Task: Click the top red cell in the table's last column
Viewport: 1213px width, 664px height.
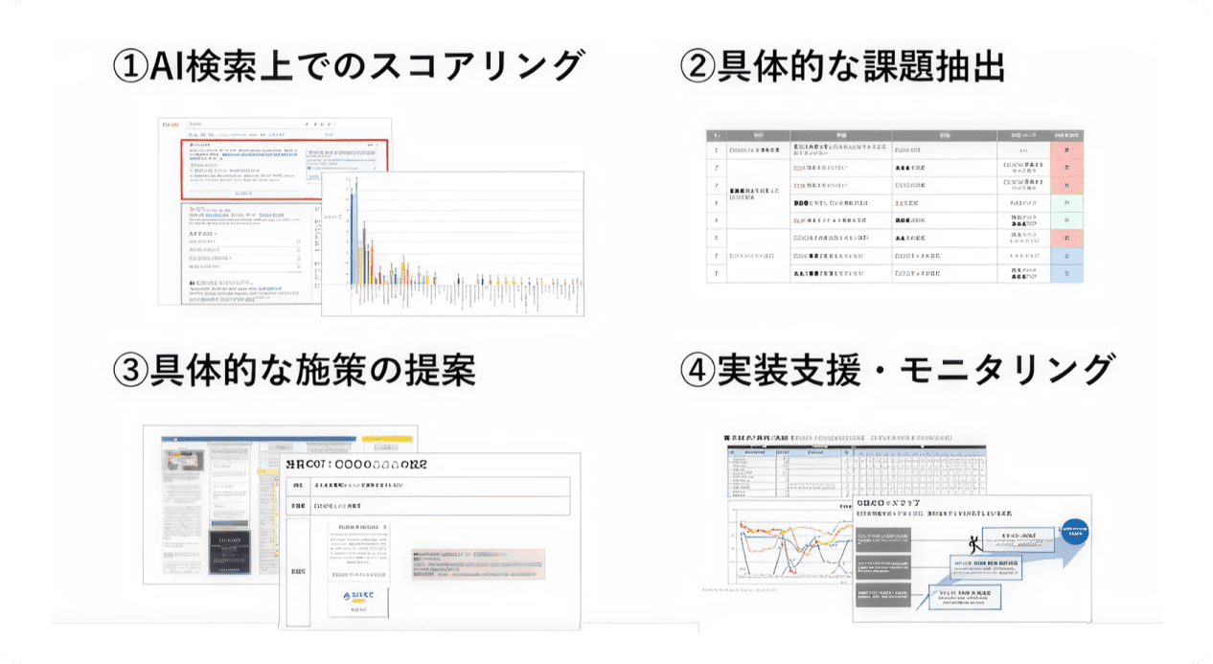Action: pos(1066,150)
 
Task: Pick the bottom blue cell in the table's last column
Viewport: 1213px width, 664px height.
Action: pos(1066,273)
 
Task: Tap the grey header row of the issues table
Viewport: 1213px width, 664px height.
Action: pos(894,135)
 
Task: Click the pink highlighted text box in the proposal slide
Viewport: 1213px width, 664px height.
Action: pos(478,564)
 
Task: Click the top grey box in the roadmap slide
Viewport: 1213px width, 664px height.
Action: pos(882,538)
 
